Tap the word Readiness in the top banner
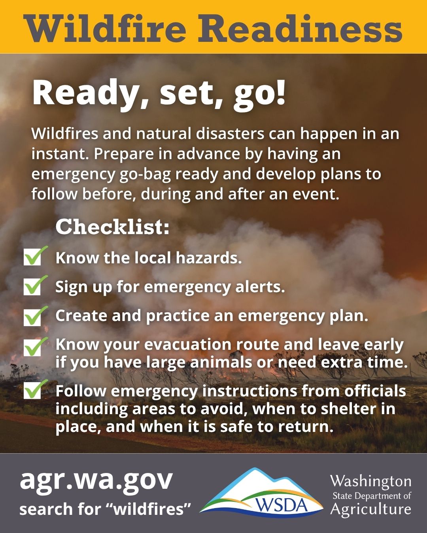pyautogui.click(x=300, y=29)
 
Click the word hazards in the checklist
pyautogui.click(x=209, y=258)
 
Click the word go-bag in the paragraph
pyautogui.click(x=145, y=175)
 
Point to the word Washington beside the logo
pyautogui.click(x=371, y=482)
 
